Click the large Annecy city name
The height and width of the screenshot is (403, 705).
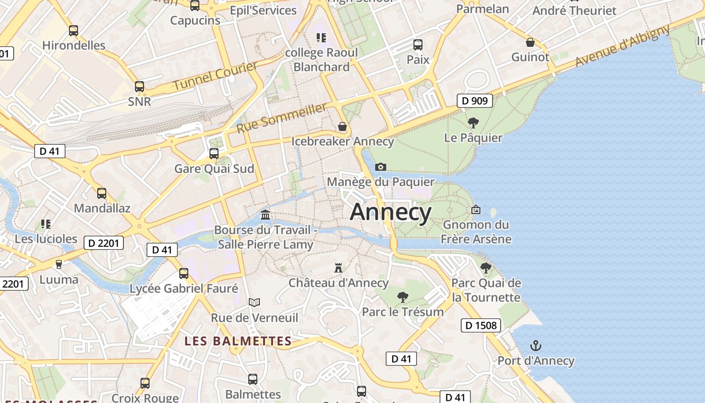pos(390,212)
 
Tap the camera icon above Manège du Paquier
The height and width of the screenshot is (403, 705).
pos(381,167)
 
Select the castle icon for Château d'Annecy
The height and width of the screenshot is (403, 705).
pos(338,268)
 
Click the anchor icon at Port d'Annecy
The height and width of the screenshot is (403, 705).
pos(536,346)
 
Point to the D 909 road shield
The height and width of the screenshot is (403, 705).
pos(475,101)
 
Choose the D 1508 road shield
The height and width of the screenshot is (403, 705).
pos(481,325)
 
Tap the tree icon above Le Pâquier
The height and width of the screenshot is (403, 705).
pos(473,122)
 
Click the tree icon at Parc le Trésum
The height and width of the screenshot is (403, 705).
pos(402,297)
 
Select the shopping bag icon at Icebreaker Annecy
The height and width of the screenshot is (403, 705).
pos(342,126)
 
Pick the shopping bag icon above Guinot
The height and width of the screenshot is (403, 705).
pos(530,42)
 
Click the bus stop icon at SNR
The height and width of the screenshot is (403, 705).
pos(139,87)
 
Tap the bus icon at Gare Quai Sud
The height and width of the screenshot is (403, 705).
pos(214,153)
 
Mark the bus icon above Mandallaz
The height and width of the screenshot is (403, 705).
pos(102,193)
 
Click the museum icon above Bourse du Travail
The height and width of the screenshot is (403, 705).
pos(265,215)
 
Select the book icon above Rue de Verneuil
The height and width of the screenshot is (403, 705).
pos(254,302)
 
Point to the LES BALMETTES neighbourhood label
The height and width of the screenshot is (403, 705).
pos(238,341)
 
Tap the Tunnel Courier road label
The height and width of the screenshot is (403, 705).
pos(215,76)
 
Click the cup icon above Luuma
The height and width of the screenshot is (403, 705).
pos(59,264)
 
